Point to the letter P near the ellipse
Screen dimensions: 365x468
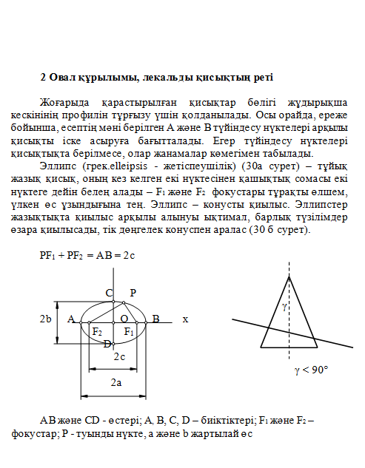pos(133,293)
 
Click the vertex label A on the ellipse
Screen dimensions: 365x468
pos(71,319)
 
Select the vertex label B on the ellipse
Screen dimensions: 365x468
pos(156,319)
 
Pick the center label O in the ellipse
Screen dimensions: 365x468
pos(124,319)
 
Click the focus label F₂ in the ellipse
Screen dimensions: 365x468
pos(97,332)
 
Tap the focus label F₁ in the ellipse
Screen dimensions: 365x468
pos(129,332)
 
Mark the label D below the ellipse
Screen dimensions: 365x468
pos(107,344)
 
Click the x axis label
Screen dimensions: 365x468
pos(185,319)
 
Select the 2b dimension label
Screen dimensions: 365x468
pos(46,319)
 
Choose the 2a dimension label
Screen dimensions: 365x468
pos(116,382)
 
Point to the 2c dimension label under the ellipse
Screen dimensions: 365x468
pos(118,357)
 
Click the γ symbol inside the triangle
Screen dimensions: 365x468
pos(284,305)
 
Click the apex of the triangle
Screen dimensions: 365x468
pos(289,276)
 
